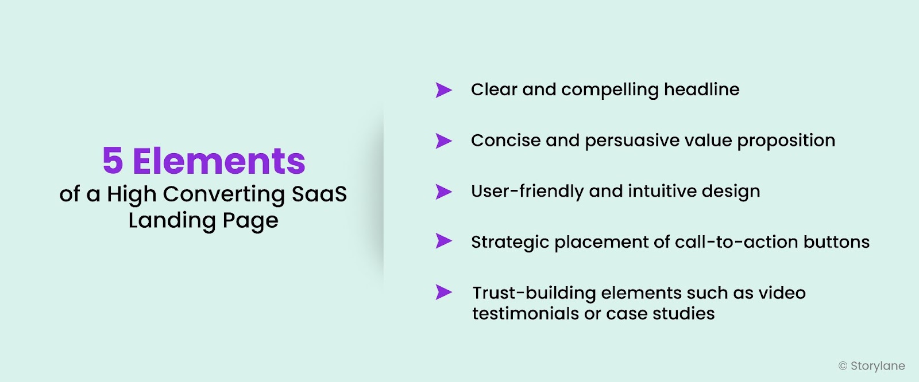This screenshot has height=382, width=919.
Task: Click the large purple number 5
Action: tap(113, 161)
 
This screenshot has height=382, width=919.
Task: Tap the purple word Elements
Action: tap(219, 161)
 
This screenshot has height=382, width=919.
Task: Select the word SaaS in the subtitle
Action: tap(319, 194)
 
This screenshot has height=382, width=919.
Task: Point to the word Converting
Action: tap(224, 194)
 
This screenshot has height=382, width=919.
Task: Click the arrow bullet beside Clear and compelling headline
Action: tap(443, 90)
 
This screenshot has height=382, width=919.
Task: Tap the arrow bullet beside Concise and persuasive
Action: tap(443, 141)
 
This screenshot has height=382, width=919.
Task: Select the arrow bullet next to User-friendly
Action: tap(443, 192)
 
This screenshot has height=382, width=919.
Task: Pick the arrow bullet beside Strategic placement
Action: tap(443, 241)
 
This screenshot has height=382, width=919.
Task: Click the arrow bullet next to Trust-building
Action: tap(443, 292)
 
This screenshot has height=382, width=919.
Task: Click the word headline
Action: tap(701, 89)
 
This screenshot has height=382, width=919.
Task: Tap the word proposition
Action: tap(786, 141)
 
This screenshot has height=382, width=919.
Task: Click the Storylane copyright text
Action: tap(871, 366)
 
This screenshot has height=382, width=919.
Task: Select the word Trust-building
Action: tap(534, 293)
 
